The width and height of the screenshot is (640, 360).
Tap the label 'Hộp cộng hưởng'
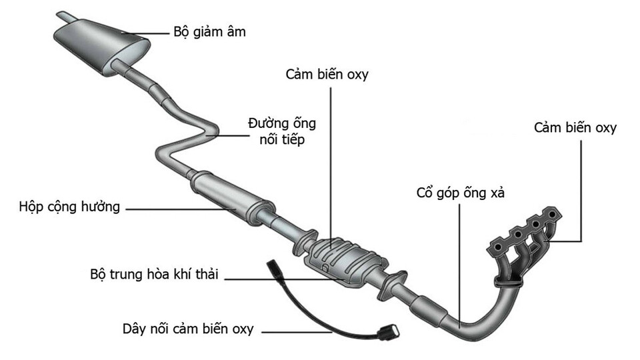coord(69,207)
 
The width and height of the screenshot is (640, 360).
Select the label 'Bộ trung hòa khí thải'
coord(157,275)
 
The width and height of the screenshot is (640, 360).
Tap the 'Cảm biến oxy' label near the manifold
coord(575,128)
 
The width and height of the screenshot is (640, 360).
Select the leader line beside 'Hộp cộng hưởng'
coord(180,209)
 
